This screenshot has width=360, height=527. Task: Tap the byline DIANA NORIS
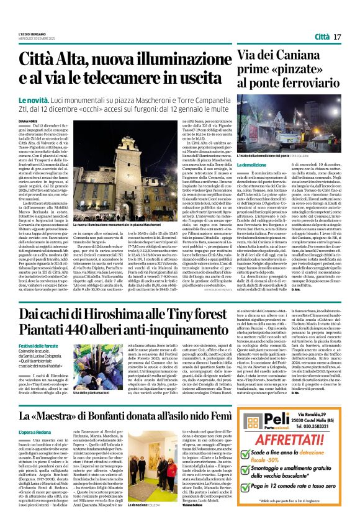[28, 122]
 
